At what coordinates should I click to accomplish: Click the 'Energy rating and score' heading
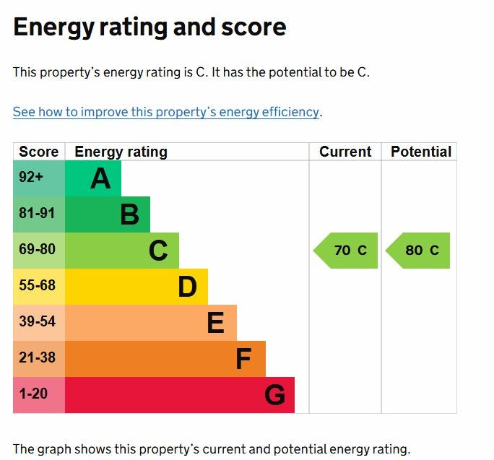pyautogui.click(x=149, y=27)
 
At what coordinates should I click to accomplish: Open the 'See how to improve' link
pyautogui.click(x=166, y=112)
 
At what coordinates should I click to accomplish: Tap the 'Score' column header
pyautogui.click(x=39, y=152)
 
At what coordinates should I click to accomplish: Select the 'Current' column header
pyautogui.click(x=345, y=152)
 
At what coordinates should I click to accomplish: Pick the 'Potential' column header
pyautogui.click(x=420, y=152)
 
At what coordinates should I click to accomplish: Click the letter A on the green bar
pyautogui.click(x=100, y=178)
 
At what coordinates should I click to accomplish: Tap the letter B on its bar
pyautogui.click(x=129, y=214)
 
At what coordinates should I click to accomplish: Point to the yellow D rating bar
pyautogui.click(x=136, y=287)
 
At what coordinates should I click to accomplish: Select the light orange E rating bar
pyautogui.click(x=151, y=323)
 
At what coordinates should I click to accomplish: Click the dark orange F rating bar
pyautogui.click(x=165, y=359)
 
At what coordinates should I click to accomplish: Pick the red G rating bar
pyautogui.click(x=180, y=395)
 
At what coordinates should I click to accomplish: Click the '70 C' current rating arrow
pyautogui.click(x=347, y=251)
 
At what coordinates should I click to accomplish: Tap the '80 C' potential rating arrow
pyautogui.click(x=419, y=251)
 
